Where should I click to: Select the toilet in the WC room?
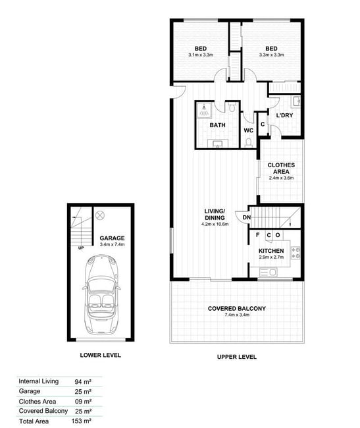(249, 142)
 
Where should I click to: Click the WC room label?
(249, 130)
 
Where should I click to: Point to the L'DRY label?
(284, 115)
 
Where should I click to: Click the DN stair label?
(247, 217)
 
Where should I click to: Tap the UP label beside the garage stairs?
(81, 248)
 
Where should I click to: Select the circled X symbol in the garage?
(100, 215)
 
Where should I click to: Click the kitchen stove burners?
(296, 253)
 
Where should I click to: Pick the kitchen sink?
(268, 272)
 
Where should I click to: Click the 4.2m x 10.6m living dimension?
(215, 224)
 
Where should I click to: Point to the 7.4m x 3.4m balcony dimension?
(237, 315)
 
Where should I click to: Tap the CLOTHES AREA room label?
(281, 169)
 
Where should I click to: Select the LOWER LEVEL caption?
(100, 355)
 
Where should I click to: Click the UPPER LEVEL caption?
(237, 357)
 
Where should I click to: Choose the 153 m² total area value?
(81, 421)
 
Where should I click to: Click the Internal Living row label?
(38, 381)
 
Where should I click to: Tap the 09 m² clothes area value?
(83, 402)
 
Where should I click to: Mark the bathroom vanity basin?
(218, 144)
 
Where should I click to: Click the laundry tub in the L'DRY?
(296, 101)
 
